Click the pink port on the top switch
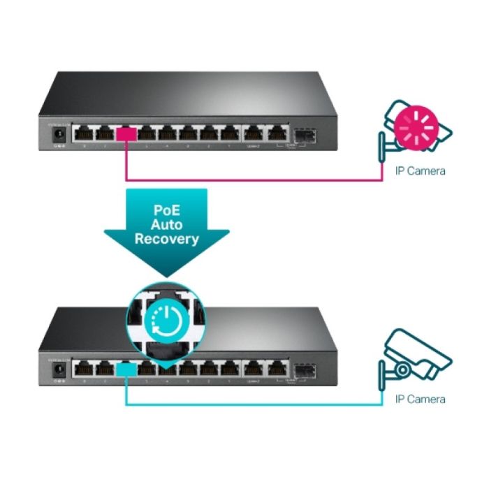pyautogui.click(x=126, y=133)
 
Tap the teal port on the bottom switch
pyautogui.click(x=126, y=367)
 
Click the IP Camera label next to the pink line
pyautogui.click(x=420, y=170)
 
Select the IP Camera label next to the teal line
pyautogui.click(x=420, y=400)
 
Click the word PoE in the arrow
pyautogui.click(x=167, y=208)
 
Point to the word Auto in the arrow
pyautogui.click(x=167, y=224)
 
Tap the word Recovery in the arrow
pyautogui.click(x=167, y=239)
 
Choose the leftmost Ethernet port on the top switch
pyautogui.click(x=86, y=133)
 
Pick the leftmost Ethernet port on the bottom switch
pyautogui.click(x=86, y=367)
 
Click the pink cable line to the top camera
pyautogui.click(x=251, y=180)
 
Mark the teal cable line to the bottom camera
pyautogui.click(x=251, y=405)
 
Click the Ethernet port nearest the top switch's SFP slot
pyautogui.click(x=278, y=133)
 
